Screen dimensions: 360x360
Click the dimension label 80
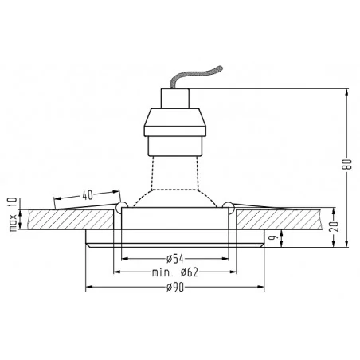point(347,164)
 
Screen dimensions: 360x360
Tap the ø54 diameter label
point(175,259)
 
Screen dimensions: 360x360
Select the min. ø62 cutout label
point(175,272)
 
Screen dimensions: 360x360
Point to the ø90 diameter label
point(175,287)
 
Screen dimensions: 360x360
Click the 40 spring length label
point(88,195)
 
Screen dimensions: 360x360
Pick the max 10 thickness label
point(13,214)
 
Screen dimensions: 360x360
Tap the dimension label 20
point(334,226)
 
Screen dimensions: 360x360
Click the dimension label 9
point(272,237)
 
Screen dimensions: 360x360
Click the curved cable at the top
point(195,76)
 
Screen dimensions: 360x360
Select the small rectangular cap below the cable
point(175,98)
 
